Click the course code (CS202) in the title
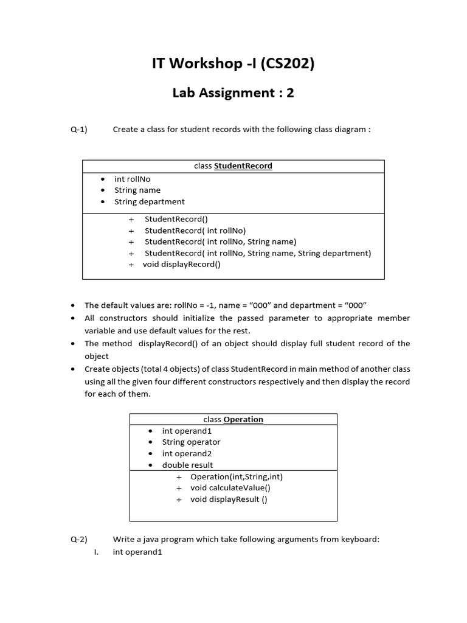287,63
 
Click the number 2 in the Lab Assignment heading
290,93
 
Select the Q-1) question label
79,130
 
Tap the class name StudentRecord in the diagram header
243,166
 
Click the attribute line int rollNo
132,179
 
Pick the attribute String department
150,201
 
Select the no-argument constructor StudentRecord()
170,219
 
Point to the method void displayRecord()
182,264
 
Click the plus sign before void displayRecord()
131,265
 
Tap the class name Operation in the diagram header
243,419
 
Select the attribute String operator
191,442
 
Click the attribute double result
187,465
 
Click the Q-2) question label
79,539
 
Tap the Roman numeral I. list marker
96,552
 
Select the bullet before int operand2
150,454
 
